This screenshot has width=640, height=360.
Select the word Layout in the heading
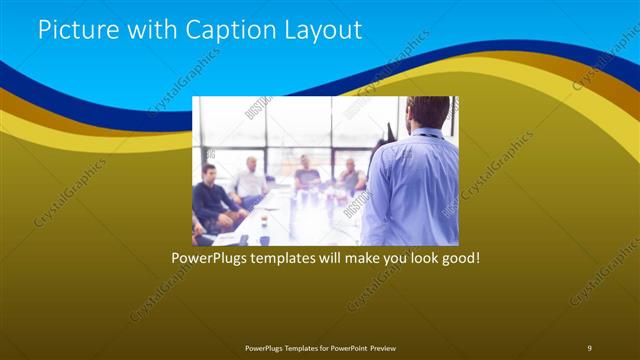[326, 29]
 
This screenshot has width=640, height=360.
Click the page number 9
[589, 347]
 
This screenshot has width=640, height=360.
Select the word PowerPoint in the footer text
[346, 347]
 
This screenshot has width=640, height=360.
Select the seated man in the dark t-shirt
[306, 175]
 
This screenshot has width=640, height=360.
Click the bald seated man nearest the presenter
[350, 175]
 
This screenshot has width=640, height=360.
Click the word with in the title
[149, 29]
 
